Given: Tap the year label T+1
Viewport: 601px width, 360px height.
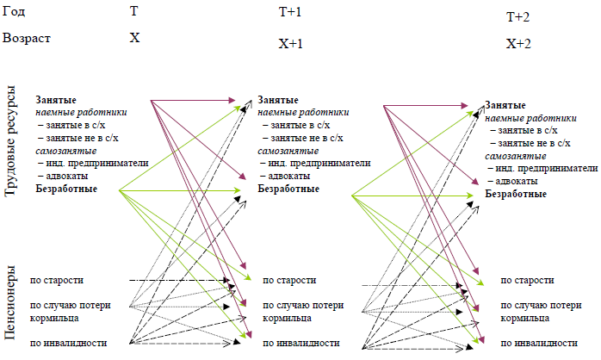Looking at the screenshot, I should click(x=290, y=13).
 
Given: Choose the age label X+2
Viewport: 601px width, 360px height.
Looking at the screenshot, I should click(x=518, y=44).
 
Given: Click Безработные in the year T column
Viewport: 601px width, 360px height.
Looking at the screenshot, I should click(x=65, y=189).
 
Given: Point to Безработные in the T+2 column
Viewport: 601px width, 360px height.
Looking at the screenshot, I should click(x=516, y=194).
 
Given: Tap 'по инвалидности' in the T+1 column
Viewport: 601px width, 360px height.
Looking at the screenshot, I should click(x=300, y=343).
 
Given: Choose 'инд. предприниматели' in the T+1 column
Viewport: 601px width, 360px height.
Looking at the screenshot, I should click(x=318, y=163).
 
